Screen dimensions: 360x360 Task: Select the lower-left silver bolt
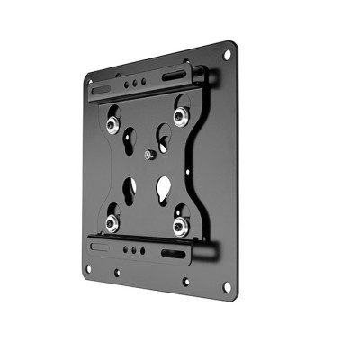[x=113, y=217]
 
